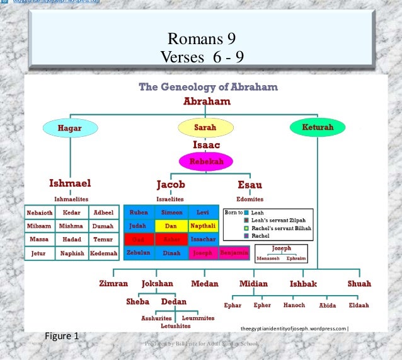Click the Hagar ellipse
(x=70, y=127)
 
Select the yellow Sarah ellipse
(x=205, y=127)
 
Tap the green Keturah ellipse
(x=318, y=127)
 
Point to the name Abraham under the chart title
(x=207, y=101)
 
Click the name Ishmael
(x=70, y=183)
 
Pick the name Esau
(x=250, y=185)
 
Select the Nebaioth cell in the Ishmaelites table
(x=39, y=212)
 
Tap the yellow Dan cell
(x=171, y=226)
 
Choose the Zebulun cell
(x=139, y=253)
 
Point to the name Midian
(x=253, y=284)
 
